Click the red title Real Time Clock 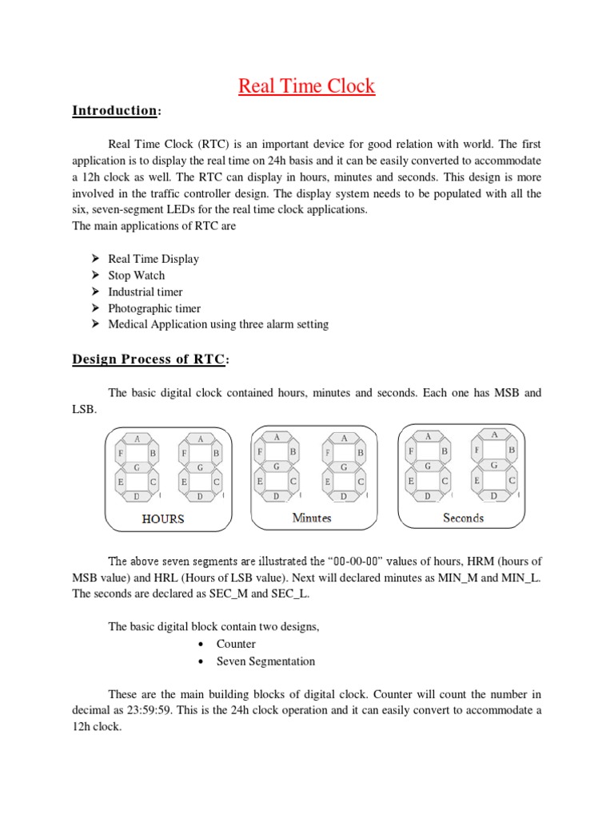pyautogui.click(x=306, y=86)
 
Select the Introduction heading pyautogui.click(x=114, y=111)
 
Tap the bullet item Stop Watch pyautogui.click(x=137, y=276)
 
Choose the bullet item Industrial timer pyautogui.click(x=146, y=292)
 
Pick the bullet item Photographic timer pyautogui.click(x=154, y=308)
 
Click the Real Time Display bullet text pyautogui.click(x=153, y=259)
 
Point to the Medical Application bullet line pyautogui.click(x=218, y=325)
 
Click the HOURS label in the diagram pyautogui.click(x=163, y=519)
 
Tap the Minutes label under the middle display pyautogui.click(x=312, y=518)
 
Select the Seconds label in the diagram pyautogui.click(x=464, y=518)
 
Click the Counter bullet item pyautogui.click(x=236, y=644)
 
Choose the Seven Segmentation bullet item pyautogui.click(x=265, y=661)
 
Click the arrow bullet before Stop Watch pyautogui.click(x=94, y=276)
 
